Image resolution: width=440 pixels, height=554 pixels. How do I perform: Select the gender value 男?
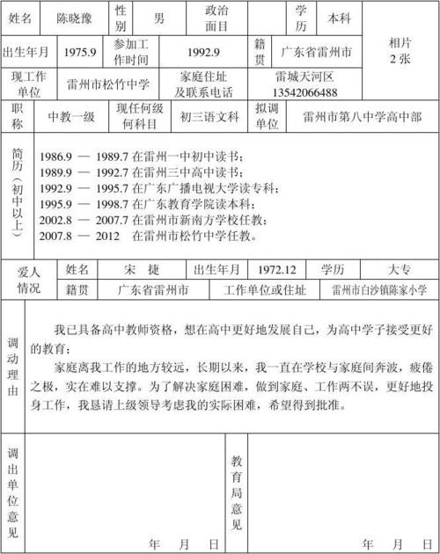point(158,17)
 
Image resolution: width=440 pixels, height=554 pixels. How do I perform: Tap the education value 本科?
point(338,17)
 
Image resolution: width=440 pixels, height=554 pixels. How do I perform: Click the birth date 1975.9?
point(79,52)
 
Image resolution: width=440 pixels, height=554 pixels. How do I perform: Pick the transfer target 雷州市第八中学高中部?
point(361,115)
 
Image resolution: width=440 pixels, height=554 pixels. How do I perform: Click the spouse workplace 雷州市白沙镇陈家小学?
point(378,289)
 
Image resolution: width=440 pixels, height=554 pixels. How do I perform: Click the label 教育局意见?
point(237,492)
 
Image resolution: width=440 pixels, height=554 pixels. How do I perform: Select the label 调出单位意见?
point(12,492)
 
